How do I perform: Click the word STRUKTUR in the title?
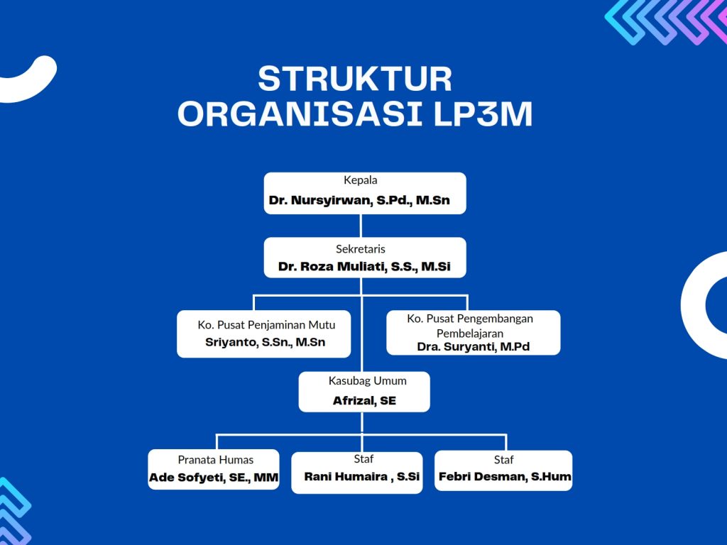coord(355,79)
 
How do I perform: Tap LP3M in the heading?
coord(483,114)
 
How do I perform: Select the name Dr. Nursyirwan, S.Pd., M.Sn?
coord(359,200)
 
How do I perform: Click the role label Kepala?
coord(360,180)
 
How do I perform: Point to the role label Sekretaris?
coord(360,249)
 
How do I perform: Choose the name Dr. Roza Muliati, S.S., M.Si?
coord(364,267)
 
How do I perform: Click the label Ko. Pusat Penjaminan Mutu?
coord(266,325)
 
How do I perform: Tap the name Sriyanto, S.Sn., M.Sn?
coord(266,343)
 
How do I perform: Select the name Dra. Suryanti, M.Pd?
coord(474,346)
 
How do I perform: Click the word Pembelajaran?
coord(470,334)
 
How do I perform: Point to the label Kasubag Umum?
coord(367,381)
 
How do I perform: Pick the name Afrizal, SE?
coord(364,401)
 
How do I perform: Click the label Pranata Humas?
coord(216,460)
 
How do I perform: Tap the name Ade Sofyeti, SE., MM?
coord(214,478)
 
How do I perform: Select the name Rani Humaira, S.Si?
coord(361,476)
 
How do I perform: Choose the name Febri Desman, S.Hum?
coord(505,476)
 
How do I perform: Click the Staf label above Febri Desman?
coord(503,460)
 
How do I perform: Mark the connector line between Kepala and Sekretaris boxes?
coord(361,226)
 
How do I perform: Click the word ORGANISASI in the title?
coord(300,114)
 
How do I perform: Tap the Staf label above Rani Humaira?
coord(363,459)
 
